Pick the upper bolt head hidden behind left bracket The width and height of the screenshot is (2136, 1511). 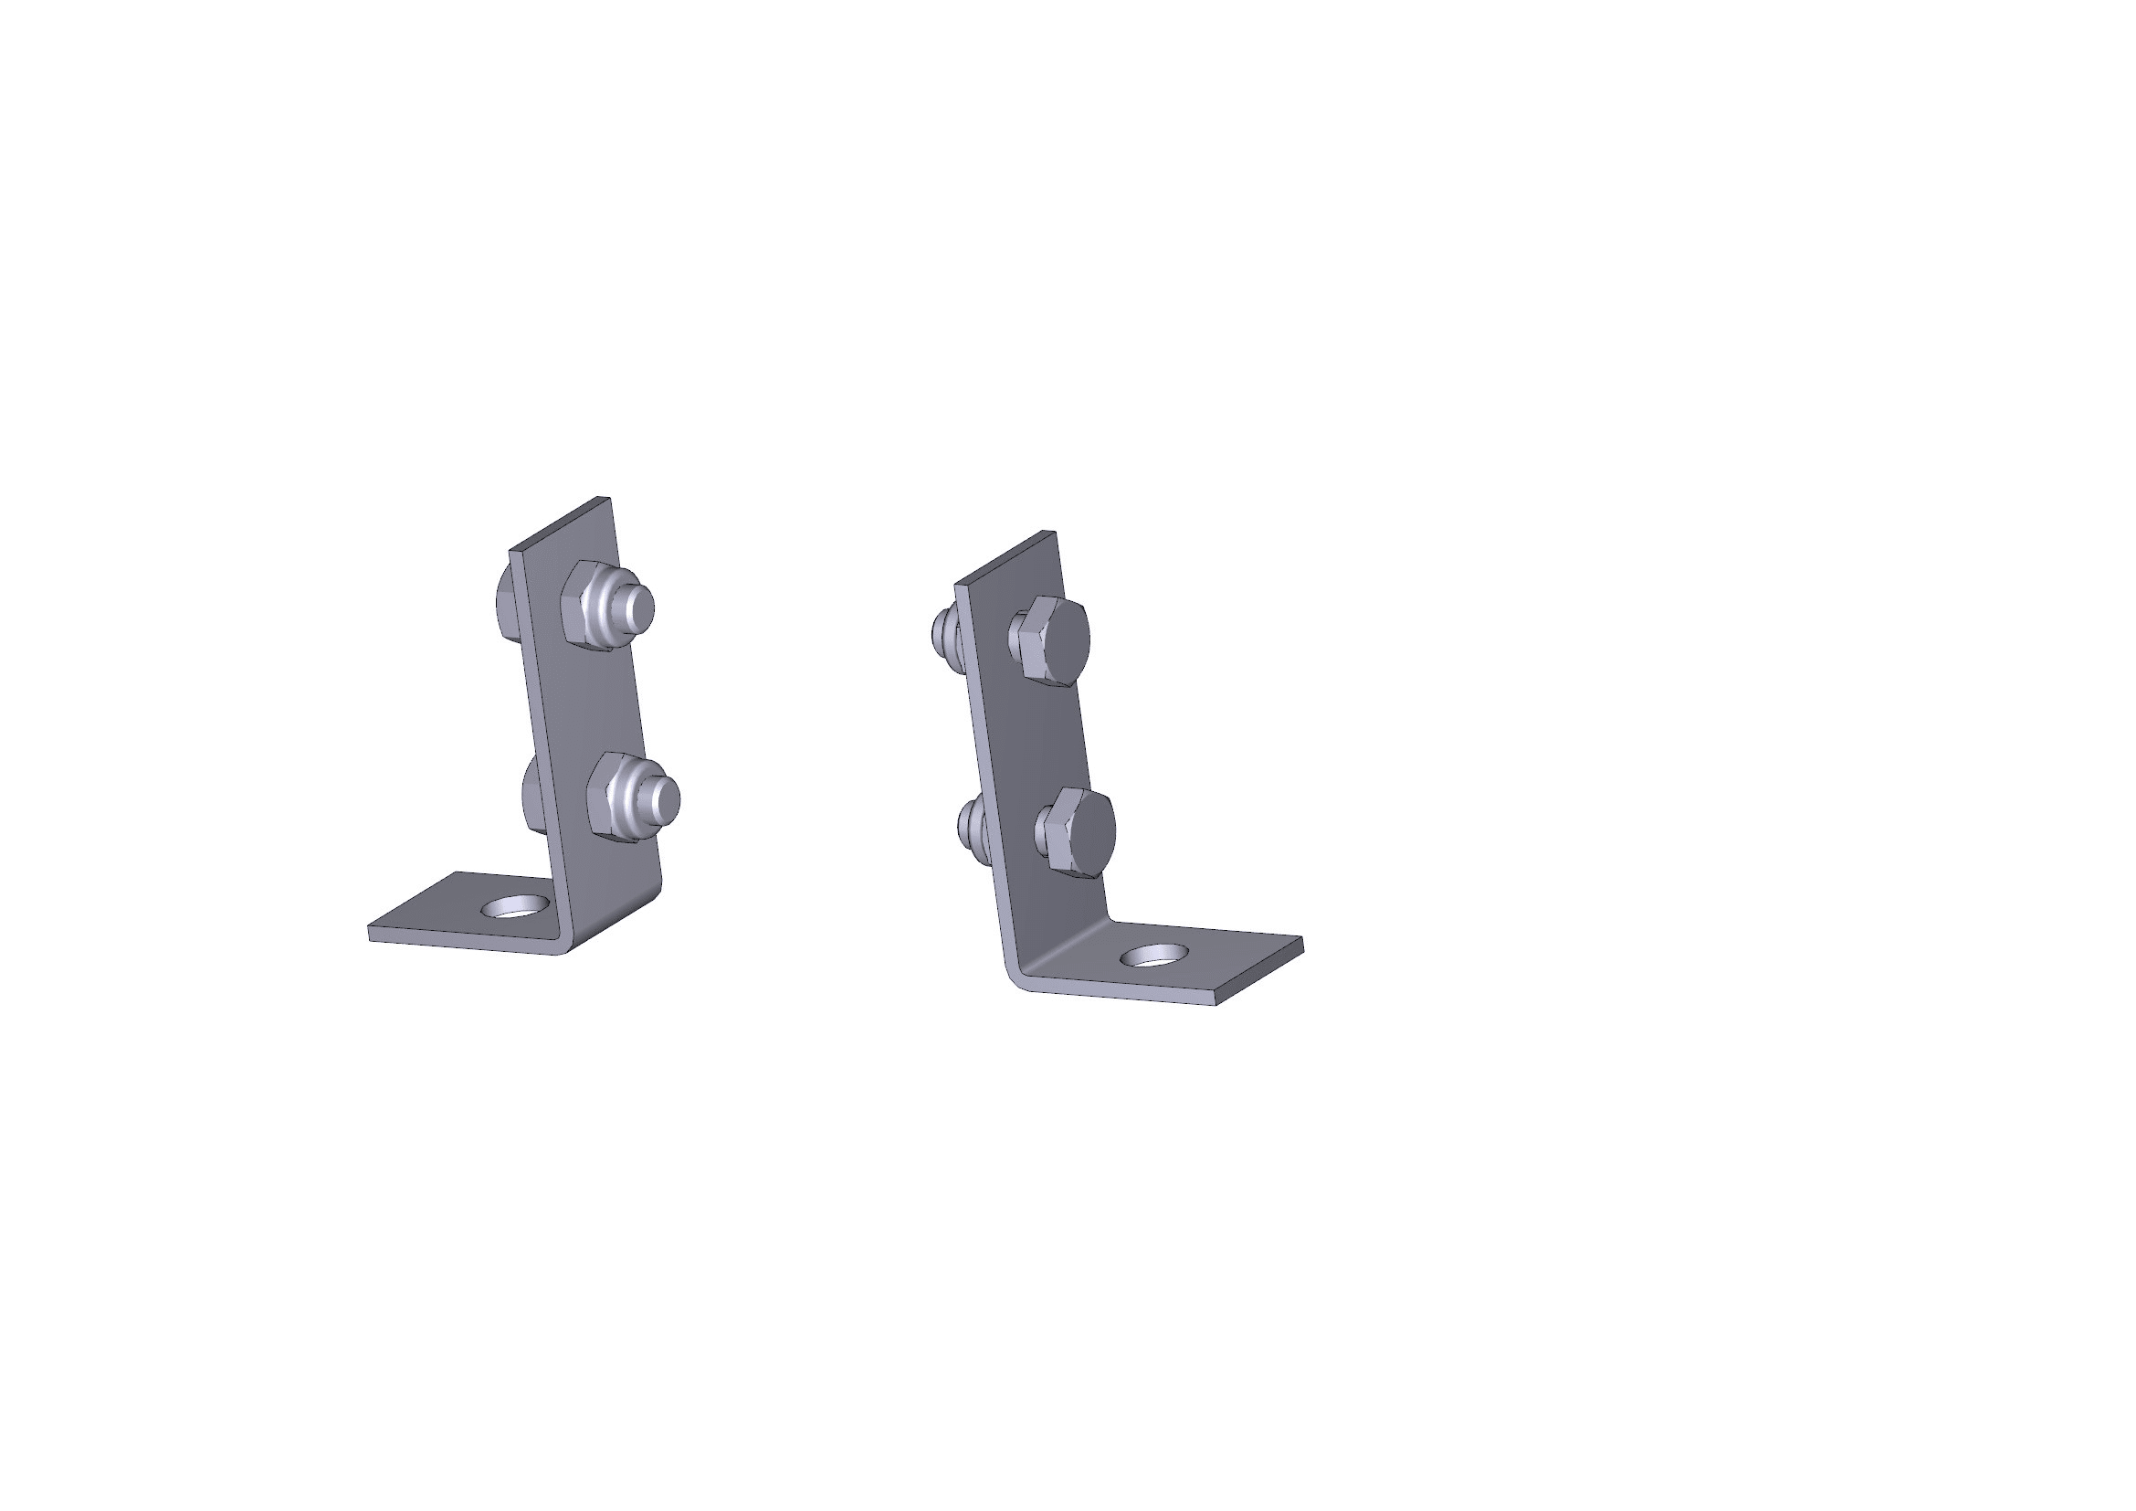pyautogui.click(x=506, y=603)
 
